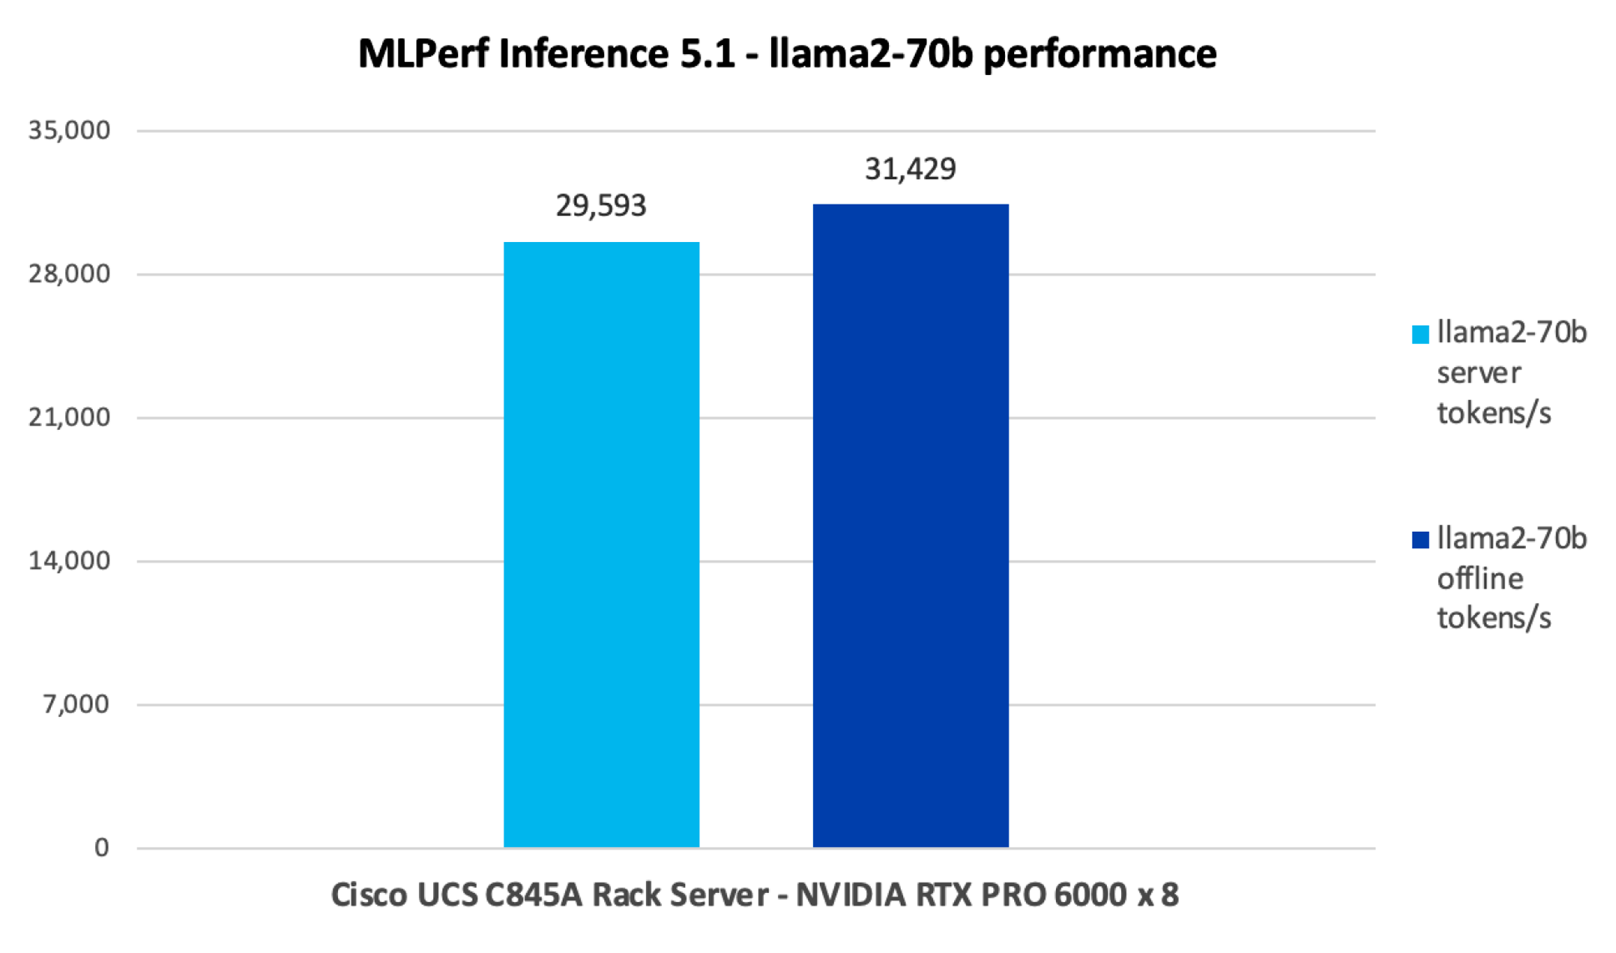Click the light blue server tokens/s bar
pyautogui.click(x=601, y=544)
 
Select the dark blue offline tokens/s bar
pyautogui.click(x=911, y=526)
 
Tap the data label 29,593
pyautogui.click(x=601, y=206)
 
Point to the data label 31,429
pyautogui.click(x=911, y=170)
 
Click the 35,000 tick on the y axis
pyautogui.click(x=69, y=131)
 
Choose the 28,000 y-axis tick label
pyautogui.click(x=69, y=274)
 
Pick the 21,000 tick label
pyautogui.click(x=69, y=417)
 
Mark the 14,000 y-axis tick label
pyautogui.click(x=69, y=561)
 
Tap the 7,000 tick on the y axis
pyautogui.click(x=76, y=704)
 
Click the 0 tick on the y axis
pyautogui.click(x=102, y=848)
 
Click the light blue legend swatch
pyautogui.click(x=1420, y=335)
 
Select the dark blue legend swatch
pyautogui.click(x=1420, y=540)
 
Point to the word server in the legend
pyautogui.click(x=1479, y=373)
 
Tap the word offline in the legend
pyautogui.click(x=1480, y=578)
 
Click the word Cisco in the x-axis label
pyautogui.click(x=369, y=895)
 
